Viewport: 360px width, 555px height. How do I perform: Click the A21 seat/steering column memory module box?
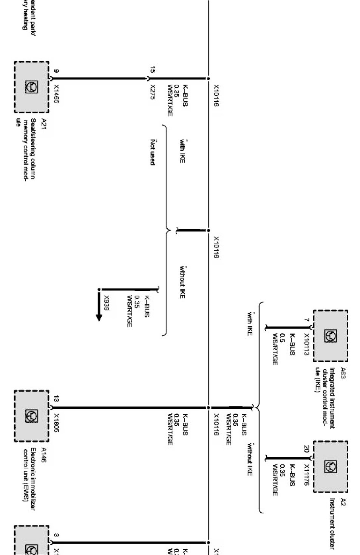32,87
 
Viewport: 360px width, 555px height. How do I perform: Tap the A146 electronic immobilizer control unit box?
32,416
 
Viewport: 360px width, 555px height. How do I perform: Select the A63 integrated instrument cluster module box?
331,336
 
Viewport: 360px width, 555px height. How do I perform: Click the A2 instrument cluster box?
331,467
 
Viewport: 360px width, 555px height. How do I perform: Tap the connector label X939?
107,303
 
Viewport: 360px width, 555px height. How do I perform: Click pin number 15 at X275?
152,70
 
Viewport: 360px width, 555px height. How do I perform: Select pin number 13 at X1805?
56,399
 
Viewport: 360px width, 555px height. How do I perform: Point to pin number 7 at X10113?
307,320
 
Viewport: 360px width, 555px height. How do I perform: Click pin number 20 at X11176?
307,449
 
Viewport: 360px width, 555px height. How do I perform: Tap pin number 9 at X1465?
57,71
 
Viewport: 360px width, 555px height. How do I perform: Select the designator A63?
343,373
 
